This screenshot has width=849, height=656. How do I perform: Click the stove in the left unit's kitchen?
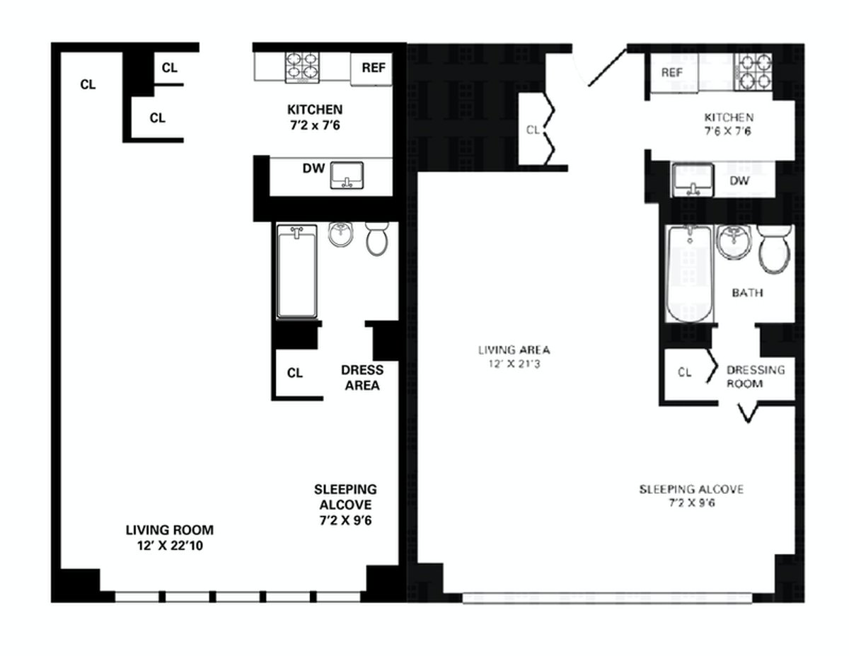[302, 67]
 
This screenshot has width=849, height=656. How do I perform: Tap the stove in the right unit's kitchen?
[752, 71]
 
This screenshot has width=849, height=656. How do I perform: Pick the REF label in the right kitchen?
[671, 73]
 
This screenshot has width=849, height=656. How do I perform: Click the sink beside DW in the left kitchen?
[347, 175]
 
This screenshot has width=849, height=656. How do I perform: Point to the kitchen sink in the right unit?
[692, 180]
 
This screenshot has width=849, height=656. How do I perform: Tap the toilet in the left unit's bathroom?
[377, 238]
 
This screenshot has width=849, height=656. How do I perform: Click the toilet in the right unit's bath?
[775, 250]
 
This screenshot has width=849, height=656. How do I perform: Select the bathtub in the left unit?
[296, 271]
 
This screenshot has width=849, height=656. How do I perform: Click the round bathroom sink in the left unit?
[341, 234]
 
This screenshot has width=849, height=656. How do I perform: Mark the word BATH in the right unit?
[747, 292]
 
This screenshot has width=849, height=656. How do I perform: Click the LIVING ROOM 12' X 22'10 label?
[169, 537]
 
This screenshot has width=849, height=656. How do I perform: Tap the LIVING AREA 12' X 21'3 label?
[514, 356]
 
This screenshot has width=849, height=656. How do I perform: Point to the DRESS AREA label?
[362, 378]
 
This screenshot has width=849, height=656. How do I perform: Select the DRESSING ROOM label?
[755, 376]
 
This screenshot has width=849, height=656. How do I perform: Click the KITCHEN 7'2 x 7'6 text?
[314, 117]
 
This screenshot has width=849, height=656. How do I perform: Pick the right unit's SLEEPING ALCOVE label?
[691, 495]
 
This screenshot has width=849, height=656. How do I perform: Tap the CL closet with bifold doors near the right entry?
[533, 130]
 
